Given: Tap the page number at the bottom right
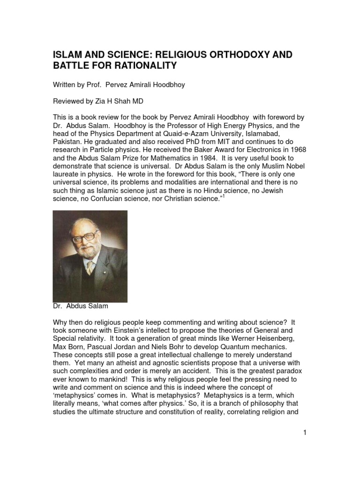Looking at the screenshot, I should tap(304, 433).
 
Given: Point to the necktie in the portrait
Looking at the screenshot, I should tap(90, 266).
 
